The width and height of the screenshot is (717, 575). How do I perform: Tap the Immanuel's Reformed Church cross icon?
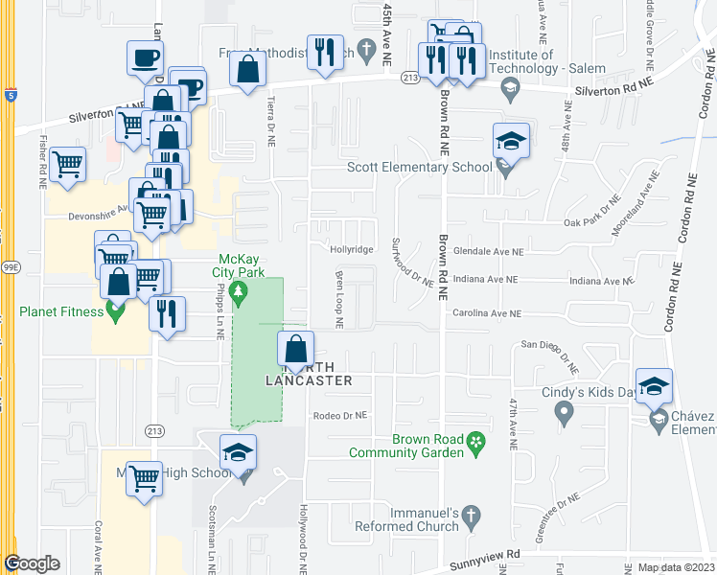470,519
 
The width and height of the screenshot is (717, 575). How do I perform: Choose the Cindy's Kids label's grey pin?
564,412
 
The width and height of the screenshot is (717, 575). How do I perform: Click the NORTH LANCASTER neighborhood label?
309,374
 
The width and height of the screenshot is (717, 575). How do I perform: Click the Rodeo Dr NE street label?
340,416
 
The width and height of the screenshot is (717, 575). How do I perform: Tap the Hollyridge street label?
352,249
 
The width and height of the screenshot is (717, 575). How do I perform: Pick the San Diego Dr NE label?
551,344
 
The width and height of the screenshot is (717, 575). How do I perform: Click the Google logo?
32,563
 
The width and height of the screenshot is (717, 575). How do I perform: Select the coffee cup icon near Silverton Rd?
145,57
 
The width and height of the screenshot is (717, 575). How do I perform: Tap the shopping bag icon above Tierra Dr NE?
248,69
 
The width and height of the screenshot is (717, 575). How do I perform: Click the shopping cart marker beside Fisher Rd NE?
67,164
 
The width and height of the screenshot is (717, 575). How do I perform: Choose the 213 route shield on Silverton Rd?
410,77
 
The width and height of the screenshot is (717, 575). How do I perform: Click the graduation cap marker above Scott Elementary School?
511,142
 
